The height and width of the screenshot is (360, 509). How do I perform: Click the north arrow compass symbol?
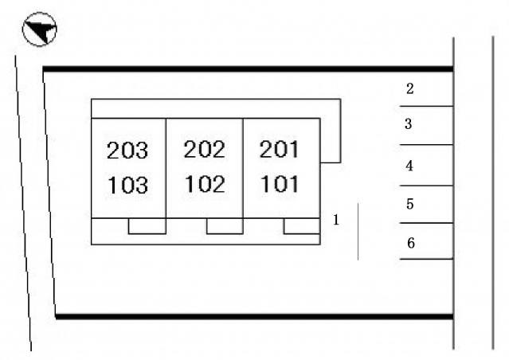point(40,29)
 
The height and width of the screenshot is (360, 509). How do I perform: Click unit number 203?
point(127,151)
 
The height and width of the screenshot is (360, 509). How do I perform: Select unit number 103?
point(127,185)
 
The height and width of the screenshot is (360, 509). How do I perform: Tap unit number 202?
point(204,149)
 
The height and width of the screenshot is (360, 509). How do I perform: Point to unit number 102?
point(205,184)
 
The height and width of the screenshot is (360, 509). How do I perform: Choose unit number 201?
point(279,149)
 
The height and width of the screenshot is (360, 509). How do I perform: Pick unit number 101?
point(280,184)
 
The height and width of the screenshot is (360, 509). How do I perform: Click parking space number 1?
point(336,220)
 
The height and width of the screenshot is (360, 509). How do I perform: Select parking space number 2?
point(410,88)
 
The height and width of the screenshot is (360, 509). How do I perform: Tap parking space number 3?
point(409,124)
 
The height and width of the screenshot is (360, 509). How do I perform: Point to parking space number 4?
point(409,166)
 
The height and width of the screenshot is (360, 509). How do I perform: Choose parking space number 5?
point(410,204)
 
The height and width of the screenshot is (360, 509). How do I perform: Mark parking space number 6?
point(411,243)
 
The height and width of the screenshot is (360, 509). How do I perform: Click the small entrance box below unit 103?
point(147,226)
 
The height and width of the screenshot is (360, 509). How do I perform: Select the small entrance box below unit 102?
point(225,226)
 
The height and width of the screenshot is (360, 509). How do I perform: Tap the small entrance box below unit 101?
point(302,226)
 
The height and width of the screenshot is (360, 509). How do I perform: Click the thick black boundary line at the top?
point(248,68)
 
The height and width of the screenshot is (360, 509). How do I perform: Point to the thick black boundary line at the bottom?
point(255,316)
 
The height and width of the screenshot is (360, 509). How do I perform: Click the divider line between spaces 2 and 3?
point(426,106)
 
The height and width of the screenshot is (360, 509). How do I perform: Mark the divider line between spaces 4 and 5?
point(426,186)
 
